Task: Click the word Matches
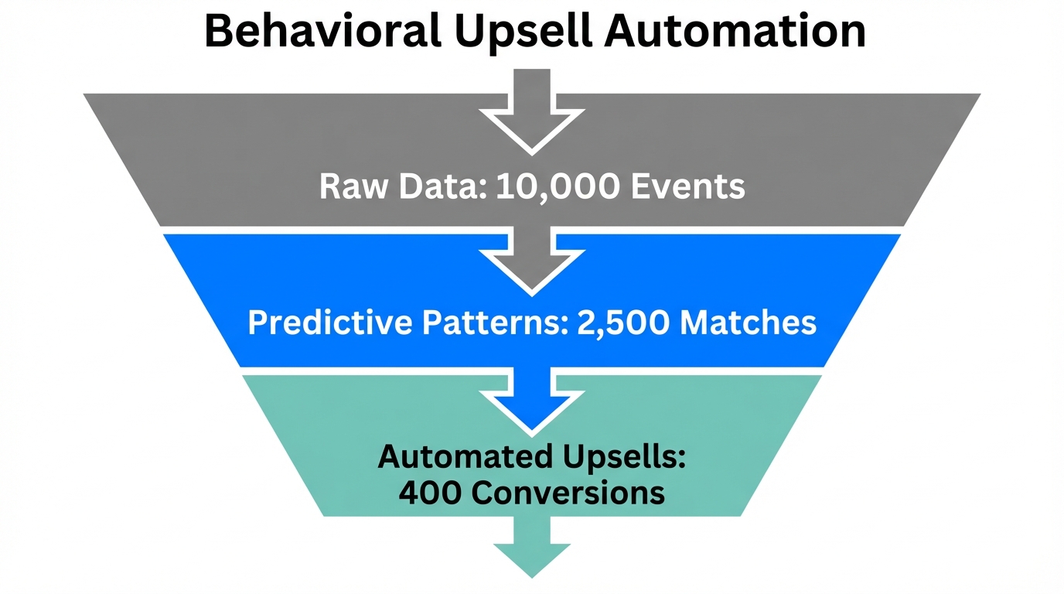click(749, 323)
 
